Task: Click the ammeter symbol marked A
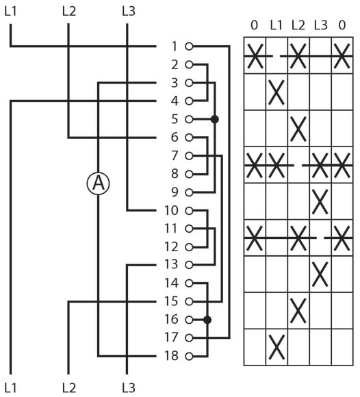(99, 183)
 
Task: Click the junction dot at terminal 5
(215, 119)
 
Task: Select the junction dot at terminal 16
(207, 320)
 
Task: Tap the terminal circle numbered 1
(189, 47)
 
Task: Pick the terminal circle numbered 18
(189, 356)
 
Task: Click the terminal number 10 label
(171, 210)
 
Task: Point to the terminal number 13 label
(171, 265)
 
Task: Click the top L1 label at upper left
(11, 12)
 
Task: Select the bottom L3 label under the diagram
(129, 387)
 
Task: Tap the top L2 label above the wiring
(69, 12)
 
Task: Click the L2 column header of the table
(298, 25)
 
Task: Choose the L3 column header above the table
(320, 25)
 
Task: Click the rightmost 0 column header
(342, 25)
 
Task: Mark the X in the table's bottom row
(277, 347)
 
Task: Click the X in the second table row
(277, 92)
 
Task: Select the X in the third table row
(298, 129)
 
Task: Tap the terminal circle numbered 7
(189, 155)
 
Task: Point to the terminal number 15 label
(171, 301)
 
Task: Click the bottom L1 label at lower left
(11, 387)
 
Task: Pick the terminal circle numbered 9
(189, 192)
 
